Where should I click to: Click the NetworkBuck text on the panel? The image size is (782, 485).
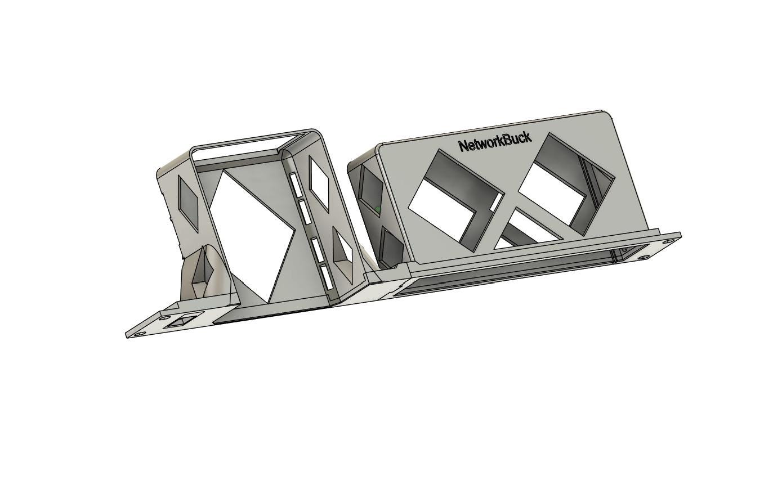tap(495, 143)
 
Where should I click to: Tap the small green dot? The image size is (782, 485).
tap(377, 209)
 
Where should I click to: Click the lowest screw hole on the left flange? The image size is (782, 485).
tap(139, 334)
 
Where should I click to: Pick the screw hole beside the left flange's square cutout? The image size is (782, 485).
tap(163, 318)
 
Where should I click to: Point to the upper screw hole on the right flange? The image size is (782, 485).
tap(668, 241)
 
